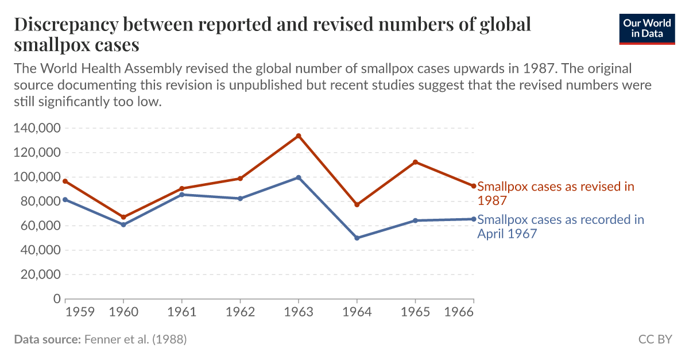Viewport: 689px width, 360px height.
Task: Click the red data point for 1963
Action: pos(299,136)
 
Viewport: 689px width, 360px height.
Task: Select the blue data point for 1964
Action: pos(357,238)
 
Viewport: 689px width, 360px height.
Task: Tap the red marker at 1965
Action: pos(415,162)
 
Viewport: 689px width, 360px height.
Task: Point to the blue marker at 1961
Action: pos(182,195)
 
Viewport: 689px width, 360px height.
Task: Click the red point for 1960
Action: pos(123,217)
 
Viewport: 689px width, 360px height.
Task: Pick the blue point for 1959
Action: pos(65,199)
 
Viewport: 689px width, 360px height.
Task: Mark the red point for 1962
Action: pos(240,179)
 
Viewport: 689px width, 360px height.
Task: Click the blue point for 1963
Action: pos(299,177)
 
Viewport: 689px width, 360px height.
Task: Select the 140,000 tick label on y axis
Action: pos(36,128)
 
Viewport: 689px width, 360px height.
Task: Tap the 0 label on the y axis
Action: pos(57,299)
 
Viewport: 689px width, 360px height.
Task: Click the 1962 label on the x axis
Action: pos(240,312)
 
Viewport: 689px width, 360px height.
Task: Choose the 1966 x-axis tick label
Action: pos(459,312)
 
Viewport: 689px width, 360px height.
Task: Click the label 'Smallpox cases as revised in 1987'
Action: pos(555,193)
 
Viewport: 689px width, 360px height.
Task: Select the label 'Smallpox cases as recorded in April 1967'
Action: pos(560,226)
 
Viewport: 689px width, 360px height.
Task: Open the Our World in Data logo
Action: pos(647,28)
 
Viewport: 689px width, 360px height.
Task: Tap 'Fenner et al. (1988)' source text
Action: pos(136,339)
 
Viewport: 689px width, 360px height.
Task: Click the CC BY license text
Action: pos(655,339)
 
